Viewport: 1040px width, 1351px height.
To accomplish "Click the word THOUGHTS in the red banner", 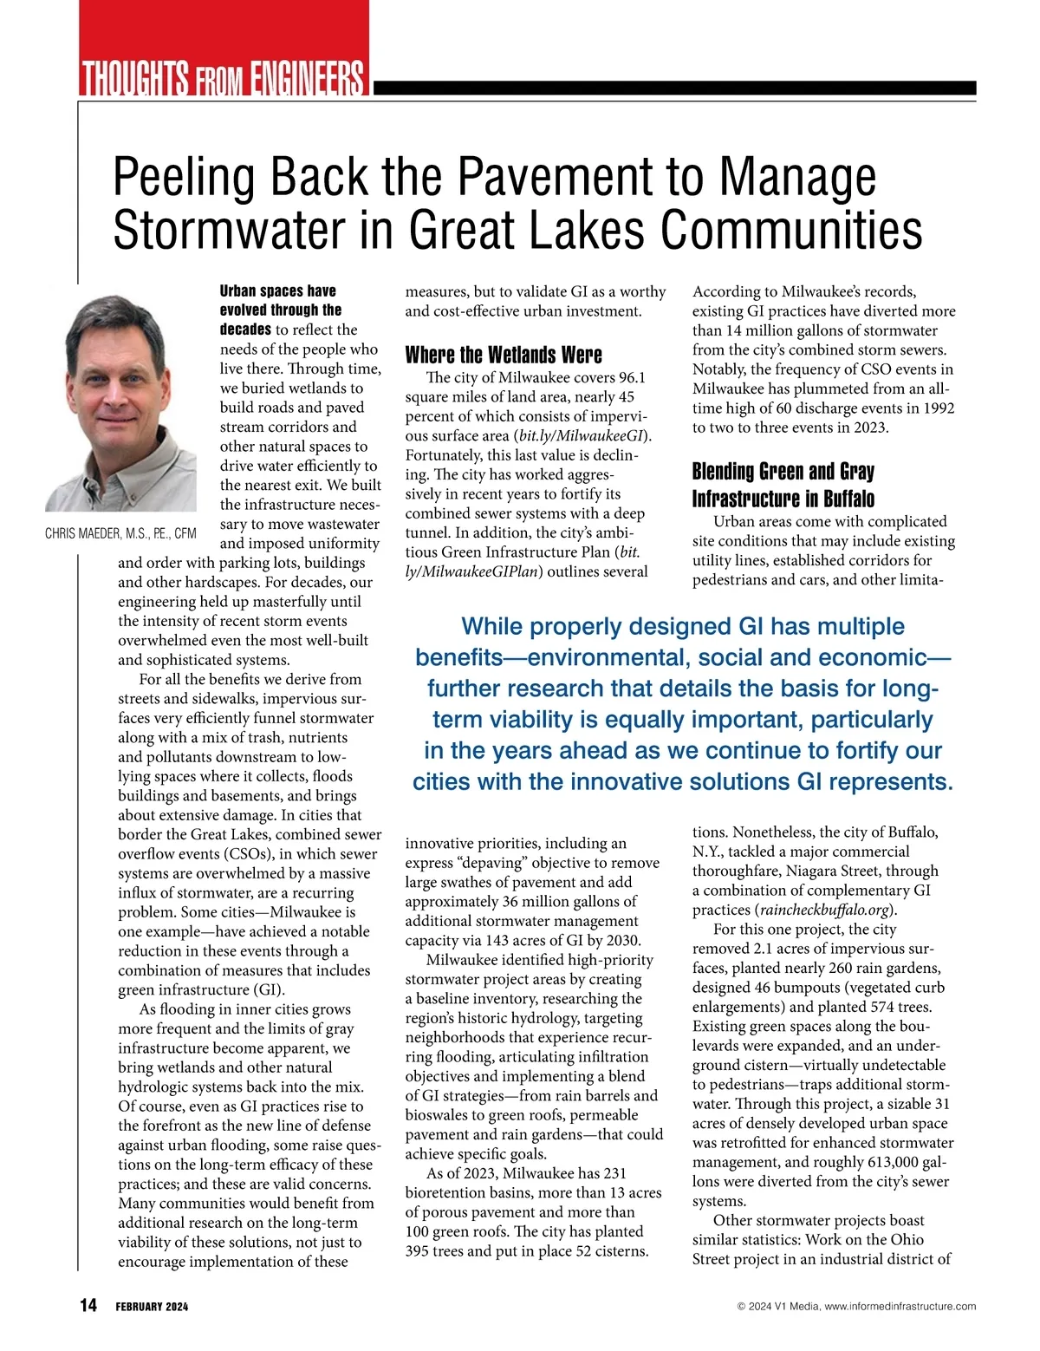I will [134, 78].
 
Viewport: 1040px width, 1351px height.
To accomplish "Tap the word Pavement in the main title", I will [555, 177].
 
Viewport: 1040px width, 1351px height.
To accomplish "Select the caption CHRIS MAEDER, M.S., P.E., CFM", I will [120, 533].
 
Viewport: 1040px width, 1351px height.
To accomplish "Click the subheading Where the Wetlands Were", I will [504, 355].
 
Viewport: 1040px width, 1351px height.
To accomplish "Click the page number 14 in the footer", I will [88, 1305].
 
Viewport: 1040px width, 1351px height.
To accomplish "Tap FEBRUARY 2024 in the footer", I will [152, 1307].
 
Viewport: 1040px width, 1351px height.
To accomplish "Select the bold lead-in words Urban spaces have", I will [277, 291].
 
